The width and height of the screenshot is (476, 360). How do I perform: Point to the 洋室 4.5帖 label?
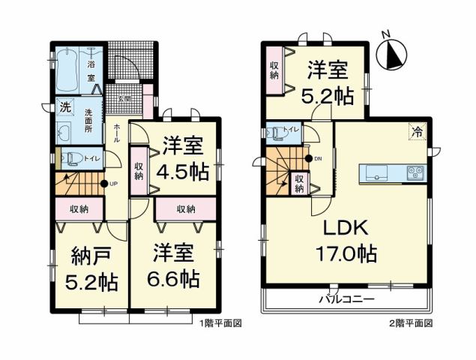click(182, 158)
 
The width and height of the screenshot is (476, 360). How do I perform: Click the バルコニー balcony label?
click(349, 298)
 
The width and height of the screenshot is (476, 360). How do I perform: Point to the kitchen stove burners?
click(415, 172)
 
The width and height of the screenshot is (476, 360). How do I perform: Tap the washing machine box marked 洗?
click(66, 107)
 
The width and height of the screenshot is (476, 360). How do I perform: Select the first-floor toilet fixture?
click(72, 157)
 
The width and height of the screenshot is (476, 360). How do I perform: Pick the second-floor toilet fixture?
click(280, 133)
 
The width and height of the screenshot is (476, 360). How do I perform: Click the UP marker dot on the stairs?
click(103, 184)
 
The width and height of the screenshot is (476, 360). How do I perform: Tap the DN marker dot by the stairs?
click(308, 158)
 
